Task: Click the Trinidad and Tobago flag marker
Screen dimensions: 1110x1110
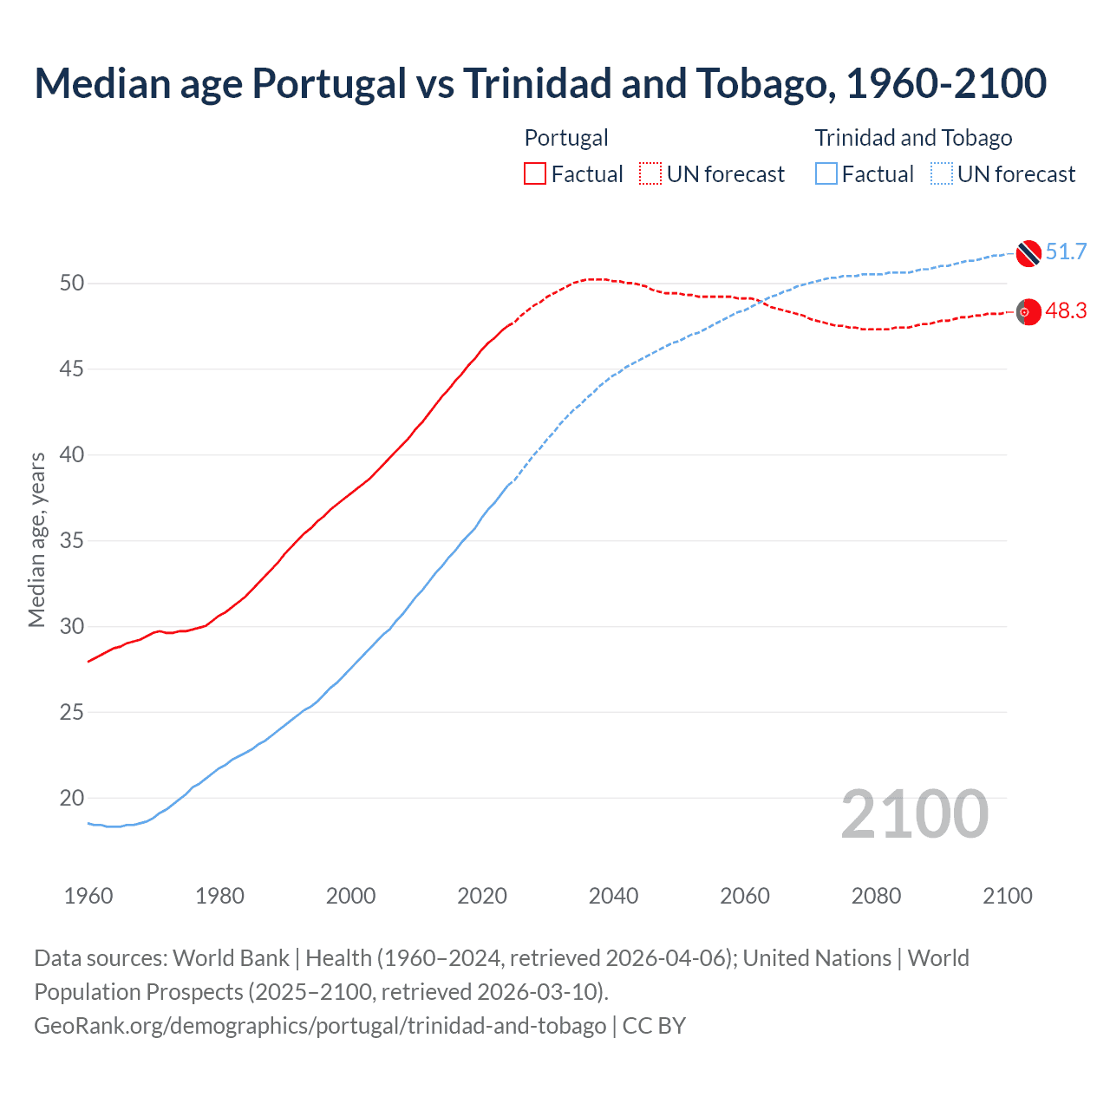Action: click(1028, 253)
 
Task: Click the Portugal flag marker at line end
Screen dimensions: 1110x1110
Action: click(1028, 311)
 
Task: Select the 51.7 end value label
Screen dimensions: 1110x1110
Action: click(1066, 252)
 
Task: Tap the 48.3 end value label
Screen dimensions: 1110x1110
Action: click(1066, 311)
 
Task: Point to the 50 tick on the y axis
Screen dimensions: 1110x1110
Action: click(72, 284)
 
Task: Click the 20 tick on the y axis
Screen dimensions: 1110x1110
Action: click(72, 798)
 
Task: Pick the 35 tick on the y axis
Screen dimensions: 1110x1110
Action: click(72, 541)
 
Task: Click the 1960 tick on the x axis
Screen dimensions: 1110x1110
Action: click(88, 896)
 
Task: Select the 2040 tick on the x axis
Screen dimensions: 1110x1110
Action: click(613, 896)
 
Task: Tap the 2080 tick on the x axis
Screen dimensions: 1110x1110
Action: click(876, 896)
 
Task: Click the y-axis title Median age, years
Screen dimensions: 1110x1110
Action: click(36, 539)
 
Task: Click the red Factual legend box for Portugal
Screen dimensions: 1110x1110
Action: click(535, 174)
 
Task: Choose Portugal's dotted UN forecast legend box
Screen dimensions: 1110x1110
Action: click(650, 174)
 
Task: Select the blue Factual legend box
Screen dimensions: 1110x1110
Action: click(826, 174)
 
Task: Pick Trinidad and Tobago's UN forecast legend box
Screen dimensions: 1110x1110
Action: click(942, 174)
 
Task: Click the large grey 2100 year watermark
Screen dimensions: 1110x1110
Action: click(914, 814)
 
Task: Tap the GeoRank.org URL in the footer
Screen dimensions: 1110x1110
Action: click(320, 1026)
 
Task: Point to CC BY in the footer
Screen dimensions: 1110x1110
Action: click(655, 1026)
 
